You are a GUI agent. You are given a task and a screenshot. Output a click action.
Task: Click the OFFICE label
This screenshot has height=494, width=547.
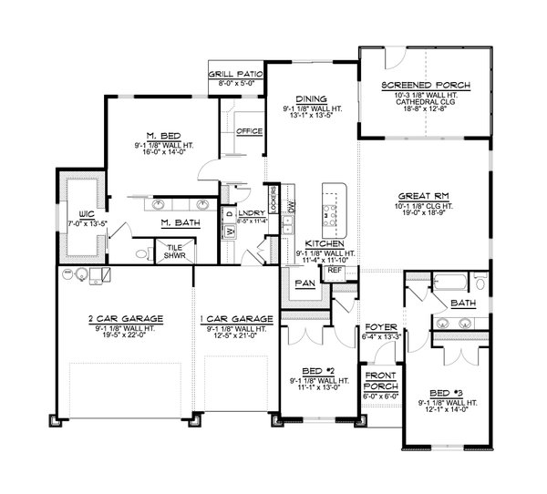249,131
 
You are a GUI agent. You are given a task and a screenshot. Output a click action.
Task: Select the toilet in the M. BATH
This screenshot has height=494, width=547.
139,253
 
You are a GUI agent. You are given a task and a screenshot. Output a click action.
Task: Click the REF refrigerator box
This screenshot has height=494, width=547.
334,271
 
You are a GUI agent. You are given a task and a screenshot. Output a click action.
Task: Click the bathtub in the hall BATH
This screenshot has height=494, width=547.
452,283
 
